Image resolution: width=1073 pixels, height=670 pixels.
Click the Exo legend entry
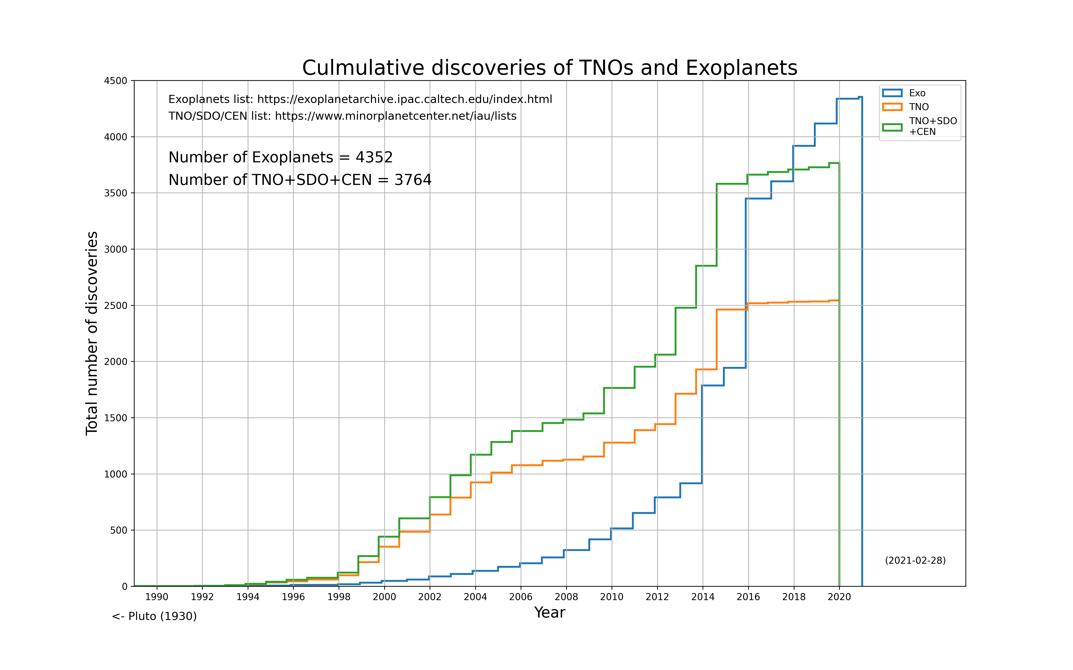[x=917, y=93]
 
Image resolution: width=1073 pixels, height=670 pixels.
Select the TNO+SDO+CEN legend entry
[x=932, y=126]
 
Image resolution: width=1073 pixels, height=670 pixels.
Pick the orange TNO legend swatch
[x=892, y=107]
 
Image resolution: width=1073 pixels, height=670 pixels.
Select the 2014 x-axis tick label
[x=703, y=597]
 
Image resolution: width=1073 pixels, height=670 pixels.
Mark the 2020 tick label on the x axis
[x=839, y=597]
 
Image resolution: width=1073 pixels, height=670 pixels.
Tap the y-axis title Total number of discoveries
[x=92, y=333]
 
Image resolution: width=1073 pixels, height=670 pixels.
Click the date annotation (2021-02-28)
[x=915, y=561]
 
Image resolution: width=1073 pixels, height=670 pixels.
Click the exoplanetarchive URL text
[x=404, y=99]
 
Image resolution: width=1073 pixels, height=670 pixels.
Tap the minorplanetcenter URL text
[x=395, y=116]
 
